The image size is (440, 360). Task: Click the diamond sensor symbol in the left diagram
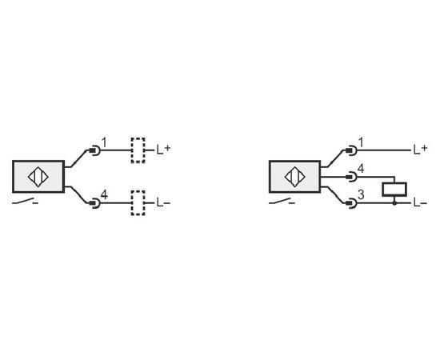(x=38, y=177)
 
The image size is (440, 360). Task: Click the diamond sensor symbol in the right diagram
(x=295, y=177)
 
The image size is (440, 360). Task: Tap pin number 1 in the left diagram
(x=104, y=142)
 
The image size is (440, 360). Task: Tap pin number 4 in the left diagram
(x=104, y=194)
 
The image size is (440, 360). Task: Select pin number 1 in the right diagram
(x=361, y=142)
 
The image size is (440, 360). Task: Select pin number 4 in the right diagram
(x=361, y=169)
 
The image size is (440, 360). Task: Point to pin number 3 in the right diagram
(x=361, y=194)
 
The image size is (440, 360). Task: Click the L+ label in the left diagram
(x=163, y=150)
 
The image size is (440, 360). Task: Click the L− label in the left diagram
(x=163, y=202)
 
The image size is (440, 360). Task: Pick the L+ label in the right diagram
(x=420, y=150)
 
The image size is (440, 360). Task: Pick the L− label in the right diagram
(x=420, y=202)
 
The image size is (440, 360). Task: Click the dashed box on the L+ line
(x=138, y=150)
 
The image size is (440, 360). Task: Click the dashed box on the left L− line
(x=138, y=203)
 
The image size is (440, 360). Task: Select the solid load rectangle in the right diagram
(x=394, y=189)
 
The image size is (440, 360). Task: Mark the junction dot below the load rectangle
(x=394, y=202)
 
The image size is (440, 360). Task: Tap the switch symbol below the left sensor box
(x=25, y=201)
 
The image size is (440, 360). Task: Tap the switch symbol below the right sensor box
(x=282, y=201)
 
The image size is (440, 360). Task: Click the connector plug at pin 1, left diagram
(x=94, y=150)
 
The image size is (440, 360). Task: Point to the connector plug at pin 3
(x=351, y=203)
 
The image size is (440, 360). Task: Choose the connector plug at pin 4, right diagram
(x=351, y=177)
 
